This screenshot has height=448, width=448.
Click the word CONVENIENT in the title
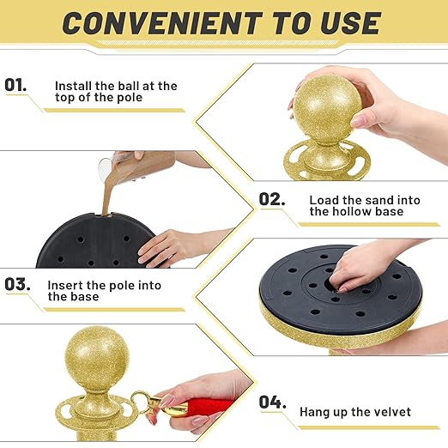162,23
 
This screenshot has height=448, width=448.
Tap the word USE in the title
350,23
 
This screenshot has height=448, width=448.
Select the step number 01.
15,85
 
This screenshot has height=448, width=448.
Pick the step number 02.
272,199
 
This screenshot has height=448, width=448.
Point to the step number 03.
17,284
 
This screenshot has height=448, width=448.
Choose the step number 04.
273,402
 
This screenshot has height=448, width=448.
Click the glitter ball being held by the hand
327,106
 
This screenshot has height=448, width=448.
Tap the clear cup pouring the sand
106,166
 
